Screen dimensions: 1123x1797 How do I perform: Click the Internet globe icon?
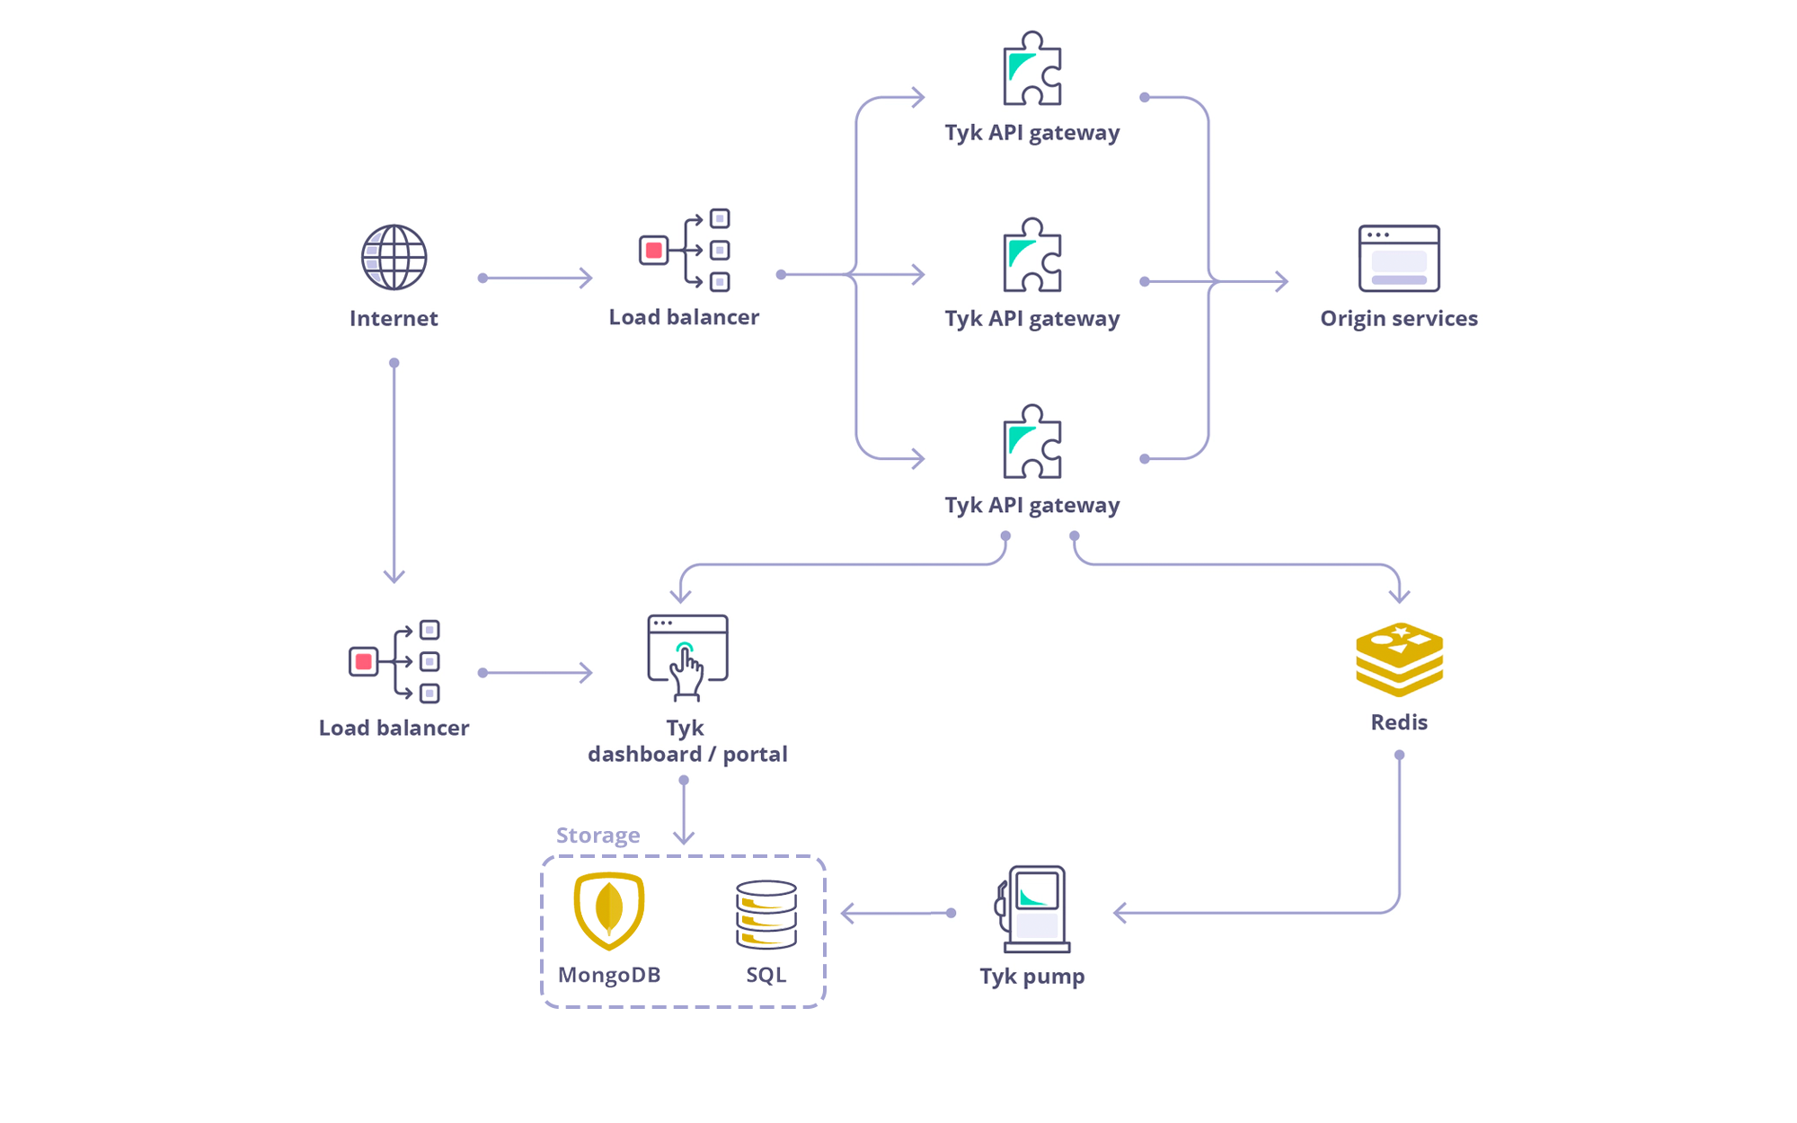coord(394,258)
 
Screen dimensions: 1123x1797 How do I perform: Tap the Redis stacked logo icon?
coord(1399,659)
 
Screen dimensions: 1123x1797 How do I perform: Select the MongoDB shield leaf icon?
coord(609,910)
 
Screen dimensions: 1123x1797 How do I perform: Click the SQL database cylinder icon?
coord(766,915)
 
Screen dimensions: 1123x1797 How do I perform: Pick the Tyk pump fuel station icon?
coord(1034,908)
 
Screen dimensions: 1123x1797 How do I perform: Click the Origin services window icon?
coord(1399,259)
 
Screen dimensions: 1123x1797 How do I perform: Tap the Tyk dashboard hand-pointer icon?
coord(687,658)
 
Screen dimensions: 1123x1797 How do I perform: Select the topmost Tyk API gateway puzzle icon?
coord(1032,69)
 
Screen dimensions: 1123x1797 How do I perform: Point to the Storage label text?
coord(598,836)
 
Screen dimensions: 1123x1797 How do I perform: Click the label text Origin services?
coord(1399,318)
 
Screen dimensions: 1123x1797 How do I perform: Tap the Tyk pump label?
coord(1032,976)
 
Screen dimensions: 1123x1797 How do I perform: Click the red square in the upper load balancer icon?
coord(654,251)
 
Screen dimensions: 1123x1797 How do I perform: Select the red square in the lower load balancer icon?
coord(364,662)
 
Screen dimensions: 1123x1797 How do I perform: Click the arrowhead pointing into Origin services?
coord(1283,282)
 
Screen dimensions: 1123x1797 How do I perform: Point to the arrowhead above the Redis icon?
coord(1399,596)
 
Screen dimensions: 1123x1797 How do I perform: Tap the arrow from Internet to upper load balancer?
coord(537,279)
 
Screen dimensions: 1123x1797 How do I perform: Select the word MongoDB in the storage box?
coord(609,975)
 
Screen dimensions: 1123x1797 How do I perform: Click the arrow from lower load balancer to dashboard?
coord(537,673)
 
